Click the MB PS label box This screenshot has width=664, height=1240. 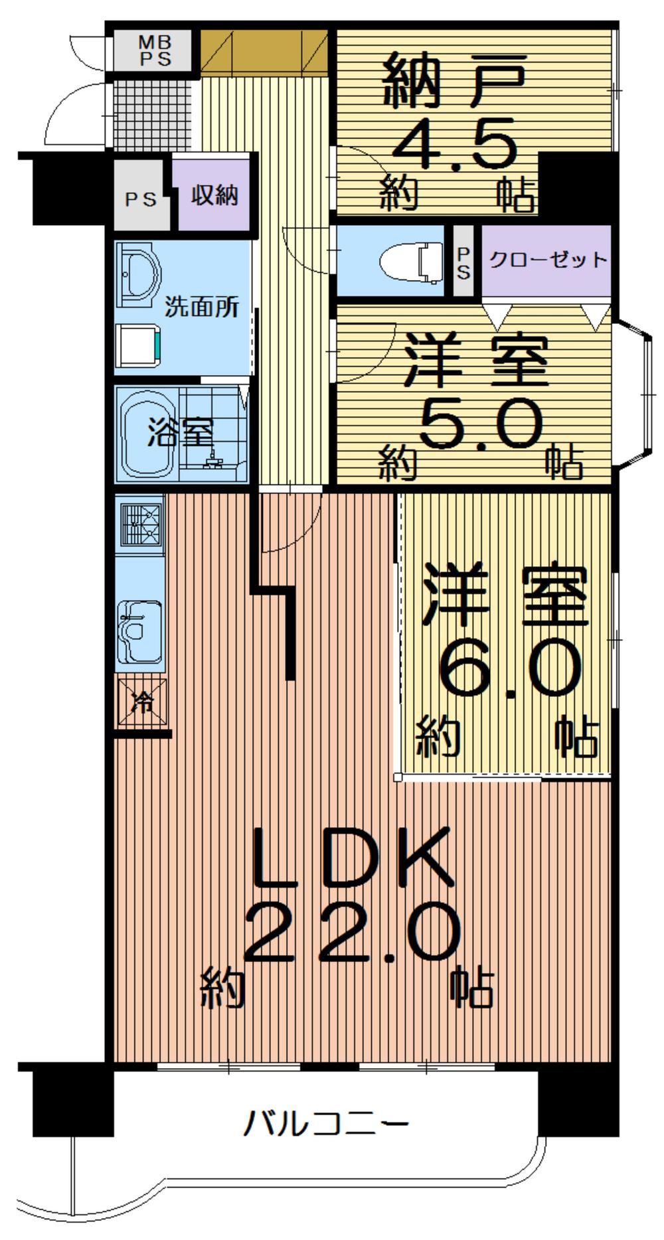click(x=153, y=50)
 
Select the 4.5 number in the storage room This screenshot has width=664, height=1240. click(x=456, y=141)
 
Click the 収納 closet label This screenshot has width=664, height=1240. click(x=214, y=196)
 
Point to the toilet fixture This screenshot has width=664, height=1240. click(x=412, y=262)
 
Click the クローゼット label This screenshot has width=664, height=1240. click(x=548, y=260)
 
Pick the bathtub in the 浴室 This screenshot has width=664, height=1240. click(x=147, y=433)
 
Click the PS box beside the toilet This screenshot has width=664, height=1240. click(x=463, y=263)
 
